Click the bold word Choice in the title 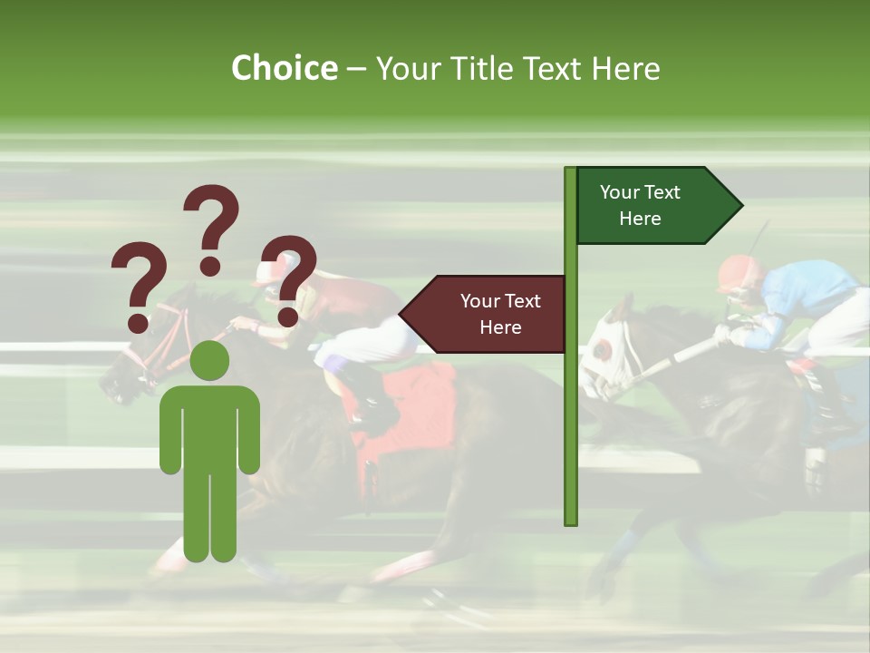click(x=284, y=68)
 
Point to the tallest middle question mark click(x=211, y=227)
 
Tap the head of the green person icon click(x=210, y=360)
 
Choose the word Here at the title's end click(x=625, y=68)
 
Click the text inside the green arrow click(x=640, y=205)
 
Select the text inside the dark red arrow click(x=500, y=314)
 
